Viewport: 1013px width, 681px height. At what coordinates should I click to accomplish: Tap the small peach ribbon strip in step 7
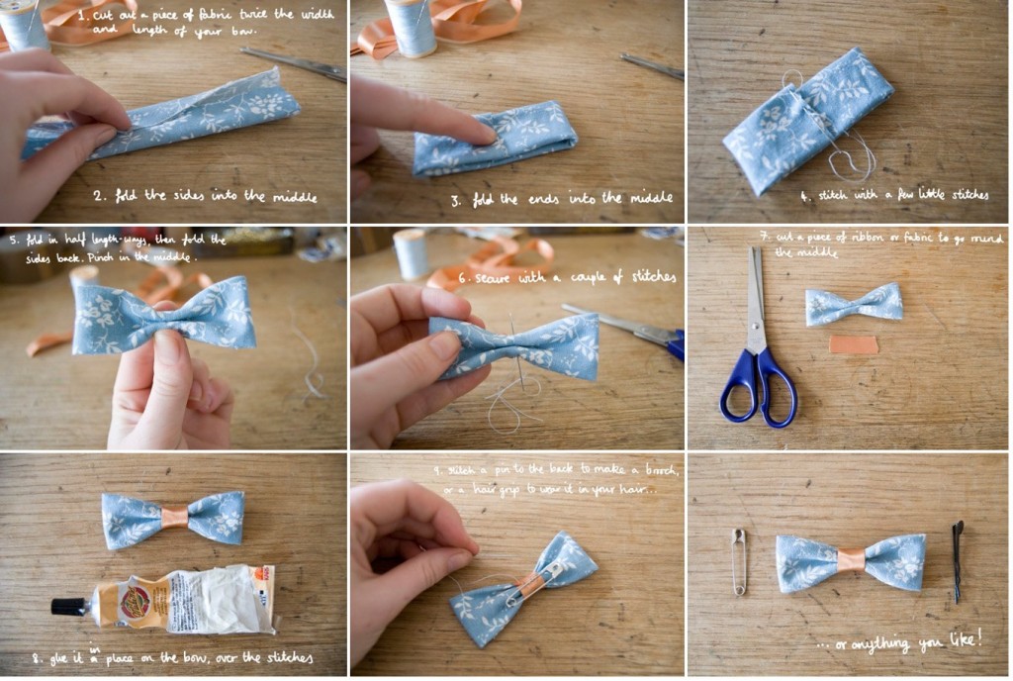click(853, 345)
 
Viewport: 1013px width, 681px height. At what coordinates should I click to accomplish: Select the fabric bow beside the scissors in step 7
click(853, 304)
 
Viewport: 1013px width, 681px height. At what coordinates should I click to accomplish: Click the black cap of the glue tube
click(68, 606)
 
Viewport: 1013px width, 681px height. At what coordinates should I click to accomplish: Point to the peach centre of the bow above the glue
click(173, 518)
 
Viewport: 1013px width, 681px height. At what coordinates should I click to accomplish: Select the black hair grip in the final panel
click(958, 560)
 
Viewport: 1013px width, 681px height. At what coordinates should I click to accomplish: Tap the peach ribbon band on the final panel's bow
click(850, 560)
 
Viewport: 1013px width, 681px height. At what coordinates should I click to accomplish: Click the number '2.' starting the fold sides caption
click(100, 196)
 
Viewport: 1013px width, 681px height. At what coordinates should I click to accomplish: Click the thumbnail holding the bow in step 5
click(167, 347)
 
